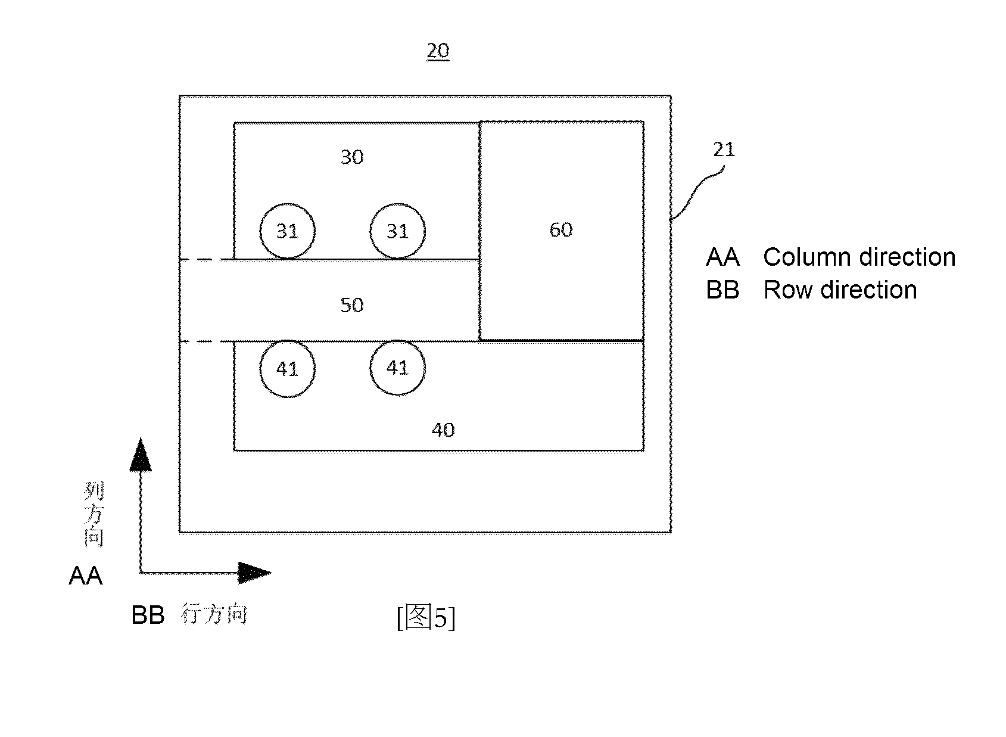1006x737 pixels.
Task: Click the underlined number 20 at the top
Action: pyautogui.click(x=438, y=51)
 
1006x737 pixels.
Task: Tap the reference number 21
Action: pyautogui.click(x=724, y=149)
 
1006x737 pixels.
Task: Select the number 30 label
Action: pyautogui.click(x=352, y=157)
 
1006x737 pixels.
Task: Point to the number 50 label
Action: pyautogui.click(x=352, y=305)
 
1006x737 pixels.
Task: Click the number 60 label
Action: pyautogui.click(x=561, y=230)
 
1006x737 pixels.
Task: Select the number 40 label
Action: pyautogui.click(x=443, y=430)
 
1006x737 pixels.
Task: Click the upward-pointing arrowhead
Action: pyautogui.click(x=141, y=455)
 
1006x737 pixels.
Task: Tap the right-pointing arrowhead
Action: pyautogui.click(x=255, y=573)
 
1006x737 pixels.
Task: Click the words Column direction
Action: pyautogui.click(x=859, y=257)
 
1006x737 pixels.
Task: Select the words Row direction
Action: pyautogui.click(x=840, y=290)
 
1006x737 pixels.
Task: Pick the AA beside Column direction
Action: pyautogui.click(x=722, y=257)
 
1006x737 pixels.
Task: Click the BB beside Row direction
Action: pyautogui.click(x=722, y=290)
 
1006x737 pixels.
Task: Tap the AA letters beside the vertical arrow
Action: pyautogui.click(x=86, y=576)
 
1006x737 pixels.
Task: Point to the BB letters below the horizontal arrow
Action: pyautogui.click(x=148, y=615)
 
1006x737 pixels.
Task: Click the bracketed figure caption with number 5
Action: pyautogui.click(x=426, y=617)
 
